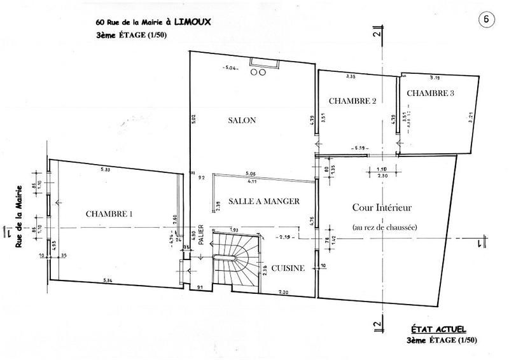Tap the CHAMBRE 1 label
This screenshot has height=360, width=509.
click(109, 214)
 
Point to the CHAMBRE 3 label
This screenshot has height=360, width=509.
click(431, 93)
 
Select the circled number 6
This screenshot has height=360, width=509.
click(486, 18)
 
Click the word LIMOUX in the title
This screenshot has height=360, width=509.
click(193, 22)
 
